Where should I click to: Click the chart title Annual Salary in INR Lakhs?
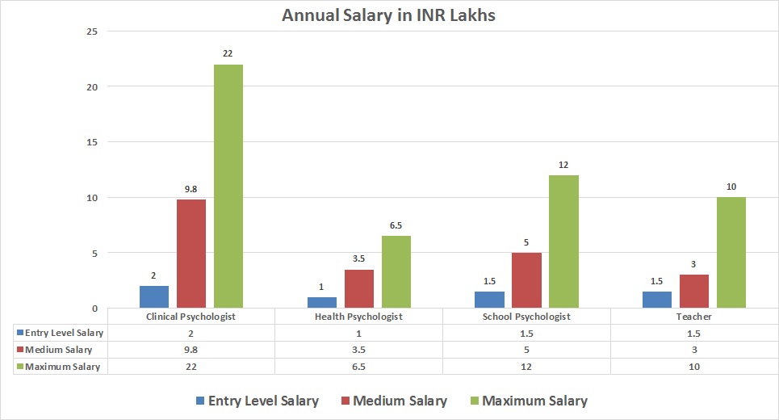coord(388,15)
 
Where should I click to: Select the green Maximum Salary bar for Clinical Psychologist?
coord(228,186)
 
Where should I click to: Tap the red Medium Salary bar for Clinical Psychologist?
coord(191,253)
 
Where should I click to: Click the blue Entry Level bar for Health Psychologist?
coord(322,302)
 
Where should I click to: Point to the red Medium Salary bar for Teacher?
coord(694,291)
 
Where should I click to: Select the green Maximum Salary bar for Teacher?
coord(731,252)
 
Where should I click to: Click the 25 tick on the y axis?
coord(91,31)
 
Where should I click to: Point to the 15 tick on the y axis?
coord(91,142)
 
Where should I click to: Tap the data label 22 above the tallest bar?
coord(228,54)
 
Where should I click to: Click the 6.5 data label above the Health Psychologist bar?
coord(396,225)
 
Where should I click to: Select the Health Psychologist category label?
coord(358,317)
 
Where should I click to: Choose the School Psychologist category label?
coord(526,317)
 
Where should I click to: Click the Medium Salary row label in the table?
coord(58,350)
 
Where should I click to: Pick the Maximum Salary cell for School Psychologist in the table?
coord(526,366)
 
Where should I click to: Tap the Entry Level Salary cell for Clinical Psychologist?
coord(191,333)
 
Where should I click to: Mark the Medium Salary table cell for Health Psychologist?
coord(358,350)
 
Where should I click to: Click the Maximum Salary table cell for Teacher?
coord(694,366)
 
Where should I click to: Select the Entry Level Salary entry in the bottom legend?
coord(257,401)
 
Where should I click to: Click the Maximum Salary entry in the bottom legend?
coord(526,401)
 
